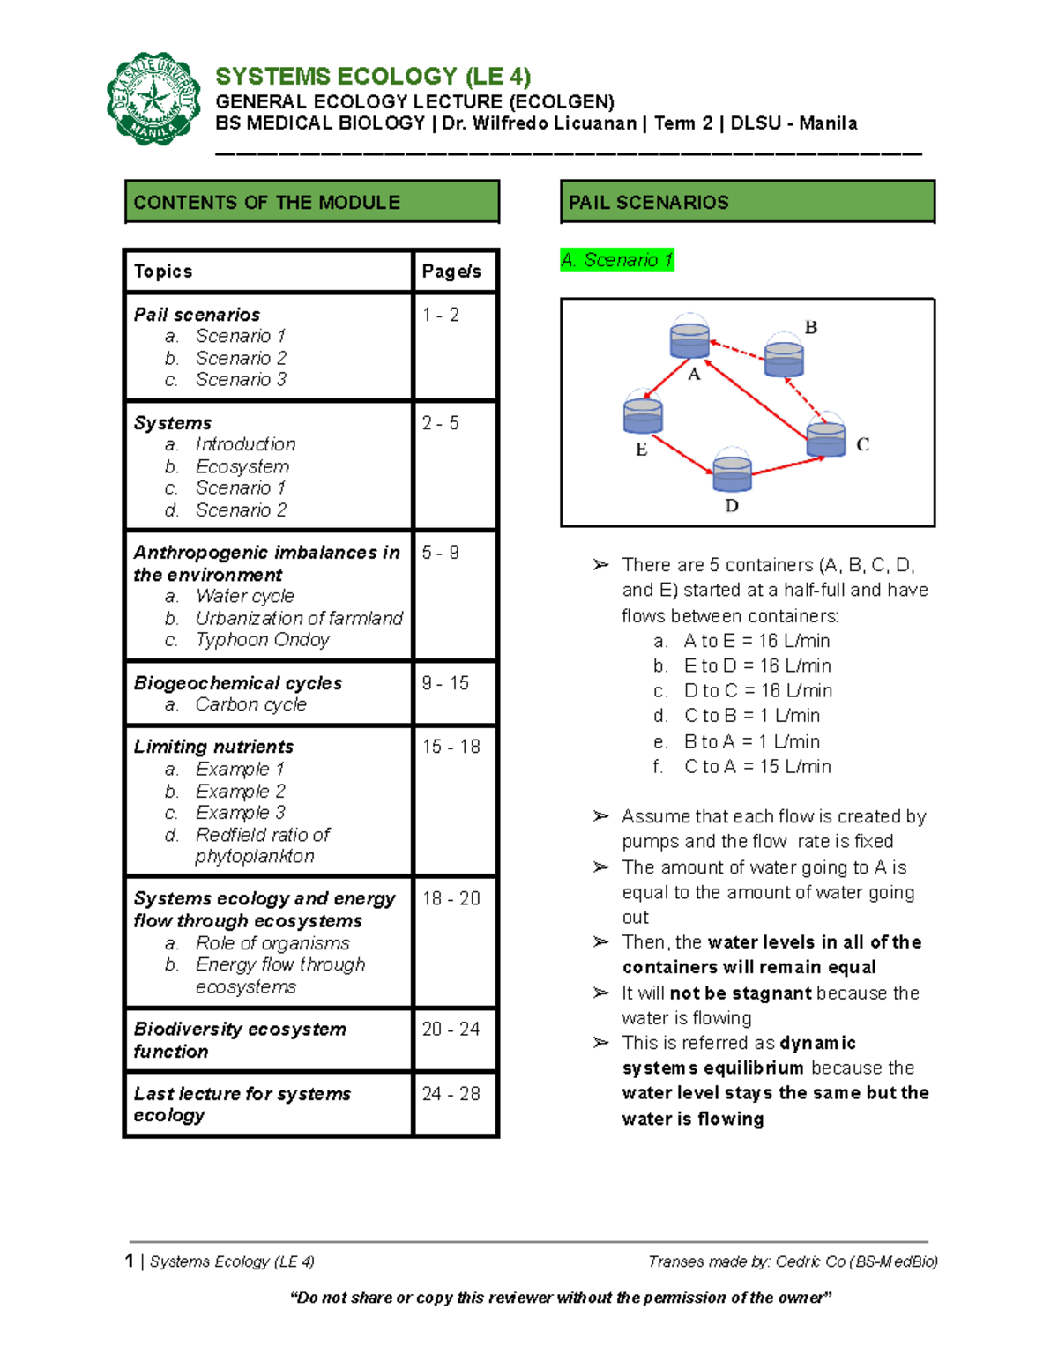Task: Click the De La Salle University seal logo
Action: tap(153, 99)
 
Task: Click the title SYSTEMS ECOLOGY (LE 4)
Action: tap(373, 77)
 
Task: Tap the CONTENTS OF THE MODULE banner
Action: tap(312, 202)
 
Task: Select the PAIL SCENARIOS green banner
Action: tap(747, 202)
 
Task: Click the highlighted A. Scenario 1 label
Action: tap(617, 260)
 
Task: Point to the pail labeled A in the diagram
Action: tap(689, 339)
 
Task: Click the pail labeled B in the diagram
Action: tap(784, 357)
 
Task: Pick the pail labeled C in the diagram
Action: tap(826, 438)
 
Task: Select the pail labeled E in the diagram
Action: tap(643, 415)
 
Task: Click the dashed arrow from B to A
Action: tap(737, 350)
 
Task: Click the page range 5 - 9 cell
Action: tap(441, 553)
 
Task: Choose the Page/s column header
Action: tap(451, 272)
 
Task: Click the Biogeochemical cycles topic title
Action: tap(238, 683)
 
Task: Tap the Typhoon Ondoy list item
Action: tap(262, 640)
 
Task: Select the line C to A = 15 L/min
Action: tap(756, 767)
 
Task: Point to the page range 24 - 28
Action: tap(451, 1094)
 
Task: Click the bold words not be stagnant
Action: tap(740, 993)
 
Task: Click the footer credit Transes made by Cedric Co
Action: tap(793, 1261)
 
